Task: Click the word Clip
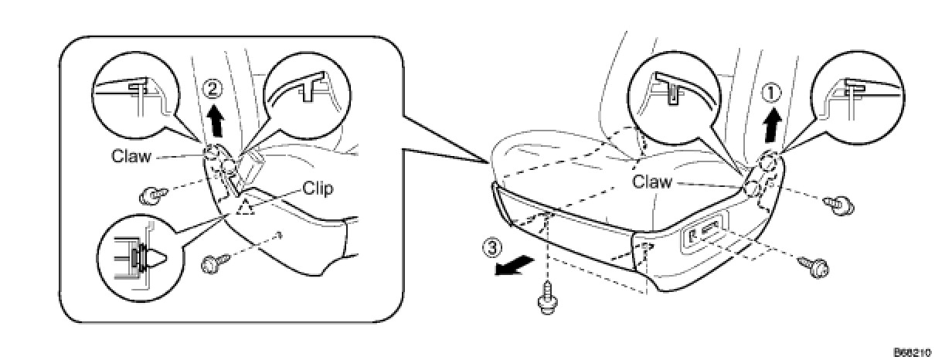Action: pyautogui.click(x=318, y=188)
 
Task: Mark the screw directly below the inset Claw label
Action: pyautogui.click(x=152, y=195)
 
